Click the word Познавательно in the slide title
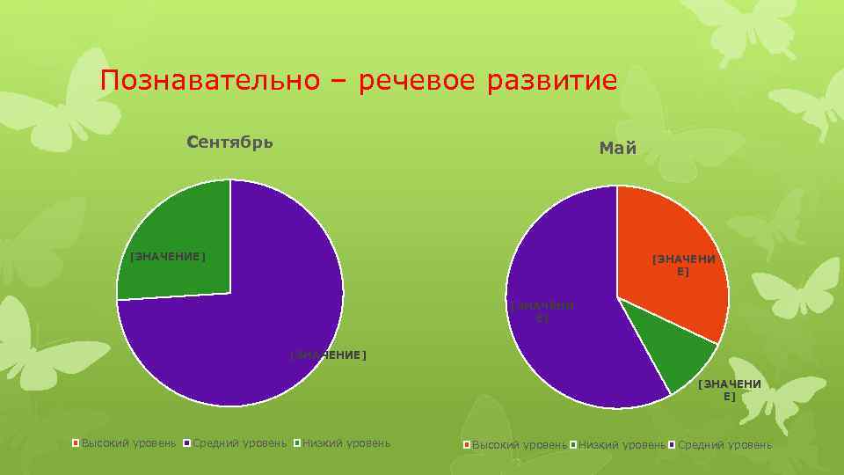pos(208,81)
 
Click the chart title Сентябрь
pos(230,142)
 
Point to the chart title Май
pos(617,149)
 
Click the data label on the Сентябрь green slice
pos(167,257)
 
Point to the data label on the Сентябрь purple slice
pos(327,355)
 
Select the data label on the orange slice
pos(683,266)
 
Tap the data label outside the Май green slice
pos(729,390)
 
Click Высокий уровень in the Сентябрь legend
pos(128,442)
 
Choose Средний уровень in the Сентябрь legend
pos(239,442)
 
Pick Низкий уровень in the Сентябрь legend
pos(346,442)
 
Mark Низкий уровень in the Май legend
pos(622,445)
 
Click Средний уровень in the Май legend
pos(724,445)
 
